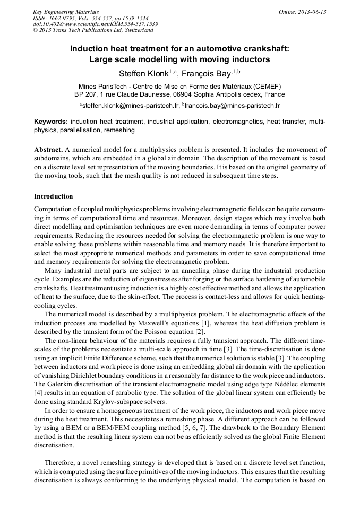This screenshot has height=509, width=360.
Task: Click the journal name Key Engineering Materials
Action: (65, 12)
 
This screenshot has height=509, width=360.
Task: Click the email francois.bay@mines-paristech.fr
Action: (233, 106)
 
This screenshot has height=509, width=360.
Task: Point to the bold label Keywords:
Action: (51, 122)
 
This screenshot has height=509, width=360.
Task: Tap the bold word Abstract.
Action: (49, 150)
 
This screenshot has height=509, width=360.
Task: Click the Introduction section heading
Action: (54, 196)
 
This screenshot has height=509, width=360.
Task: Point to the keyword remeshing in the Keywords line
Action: (119, 130)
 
